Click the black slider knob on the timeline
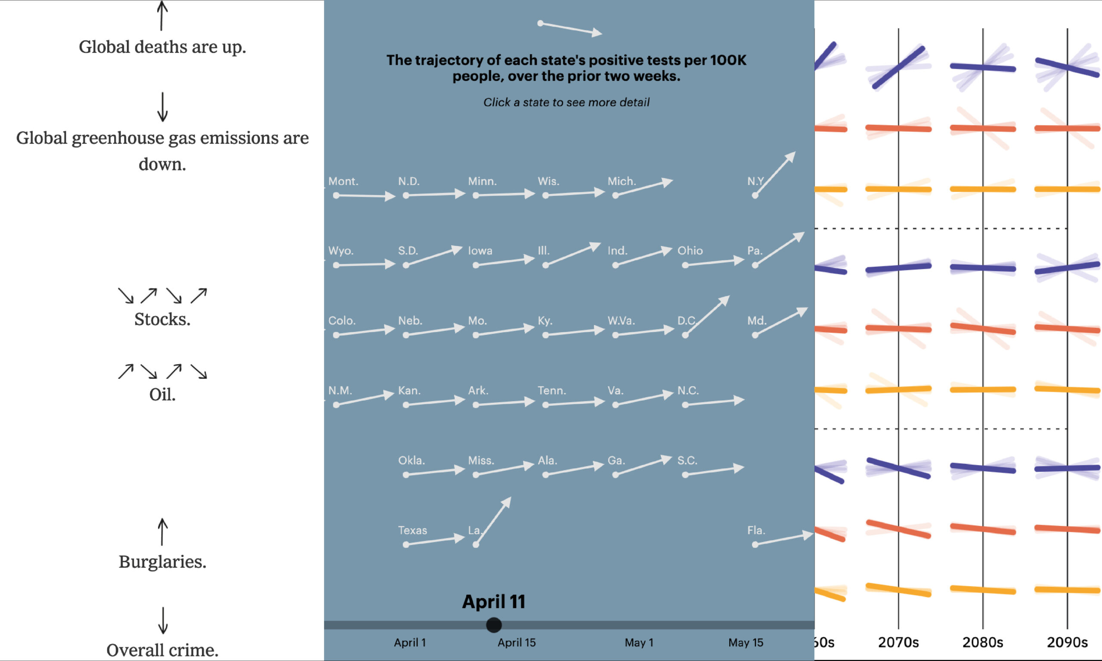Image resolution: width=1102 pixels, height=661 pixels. click(x=494, y=625)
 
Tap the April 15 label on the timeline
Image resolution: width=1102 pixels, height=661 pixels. click(x=516, y=643)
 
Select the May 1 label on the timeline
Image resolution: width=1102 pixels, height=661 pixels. click(x=639, y=643)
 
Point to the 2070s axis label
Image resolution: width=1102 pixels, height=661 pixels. click(x=898, y=642)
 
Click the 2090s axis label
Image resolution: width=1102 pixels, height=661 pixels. click(x=1067, y=642)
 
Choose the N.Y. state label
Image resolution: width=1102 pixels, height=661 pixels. click(x=755, y=181)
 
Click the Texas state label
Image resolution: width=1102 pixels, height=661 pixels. click(x=412, y=531)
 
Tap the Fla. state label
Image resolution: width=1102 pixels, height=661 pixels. click(x=756, y=531)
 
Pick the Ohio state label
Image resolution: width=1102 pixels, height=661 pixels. click(x=690, y=251)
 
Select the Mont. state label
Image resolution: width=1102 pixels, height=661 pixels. click(x=343, y=181)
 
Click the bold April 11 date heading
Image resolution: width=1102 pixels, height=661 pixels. click(x=494, y=602)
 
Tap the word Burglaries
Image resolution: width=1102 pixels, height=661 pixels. click(x=162, y=562)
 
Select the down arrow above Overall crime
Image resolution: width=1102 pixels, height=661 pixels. click(x=163, y=620)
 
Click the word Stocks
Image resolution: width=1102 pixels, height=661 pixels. click(x=162, y=319)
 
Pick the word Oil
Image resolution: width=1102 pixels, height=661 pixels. click(x=162, y=395)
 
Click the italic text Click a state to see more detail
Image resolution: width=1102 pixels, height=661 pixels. click(x=566, y=102)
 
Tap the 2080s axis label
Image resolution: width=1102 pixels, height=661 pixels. click(x=983, y=642)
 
